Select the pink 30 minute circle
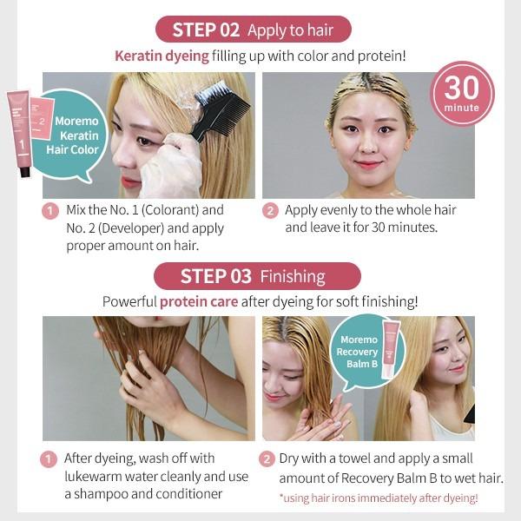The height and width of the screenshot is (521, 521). (462, 94)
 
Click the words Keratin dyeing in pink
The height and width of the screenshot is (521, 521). (162, 56)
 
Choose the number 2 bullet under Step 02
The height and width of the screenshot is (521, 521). (269, 210)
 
